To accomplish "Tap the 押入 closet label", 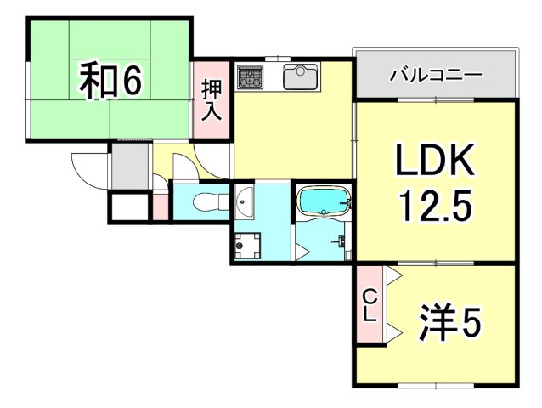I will tap(211, 101).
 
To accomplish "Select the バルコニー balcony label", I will tap(436, 75).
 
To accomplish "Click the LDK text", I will tap(435, 161).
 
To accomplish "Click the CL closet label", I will tap(370, 304).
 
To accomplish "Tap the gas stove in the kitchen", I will tap(251, 77).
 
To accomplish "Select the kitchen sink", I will tap(300, 77).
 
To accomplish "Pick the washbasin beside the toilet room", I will tap(244, 202).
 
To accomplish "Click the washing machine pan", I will tap(249, 245).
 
